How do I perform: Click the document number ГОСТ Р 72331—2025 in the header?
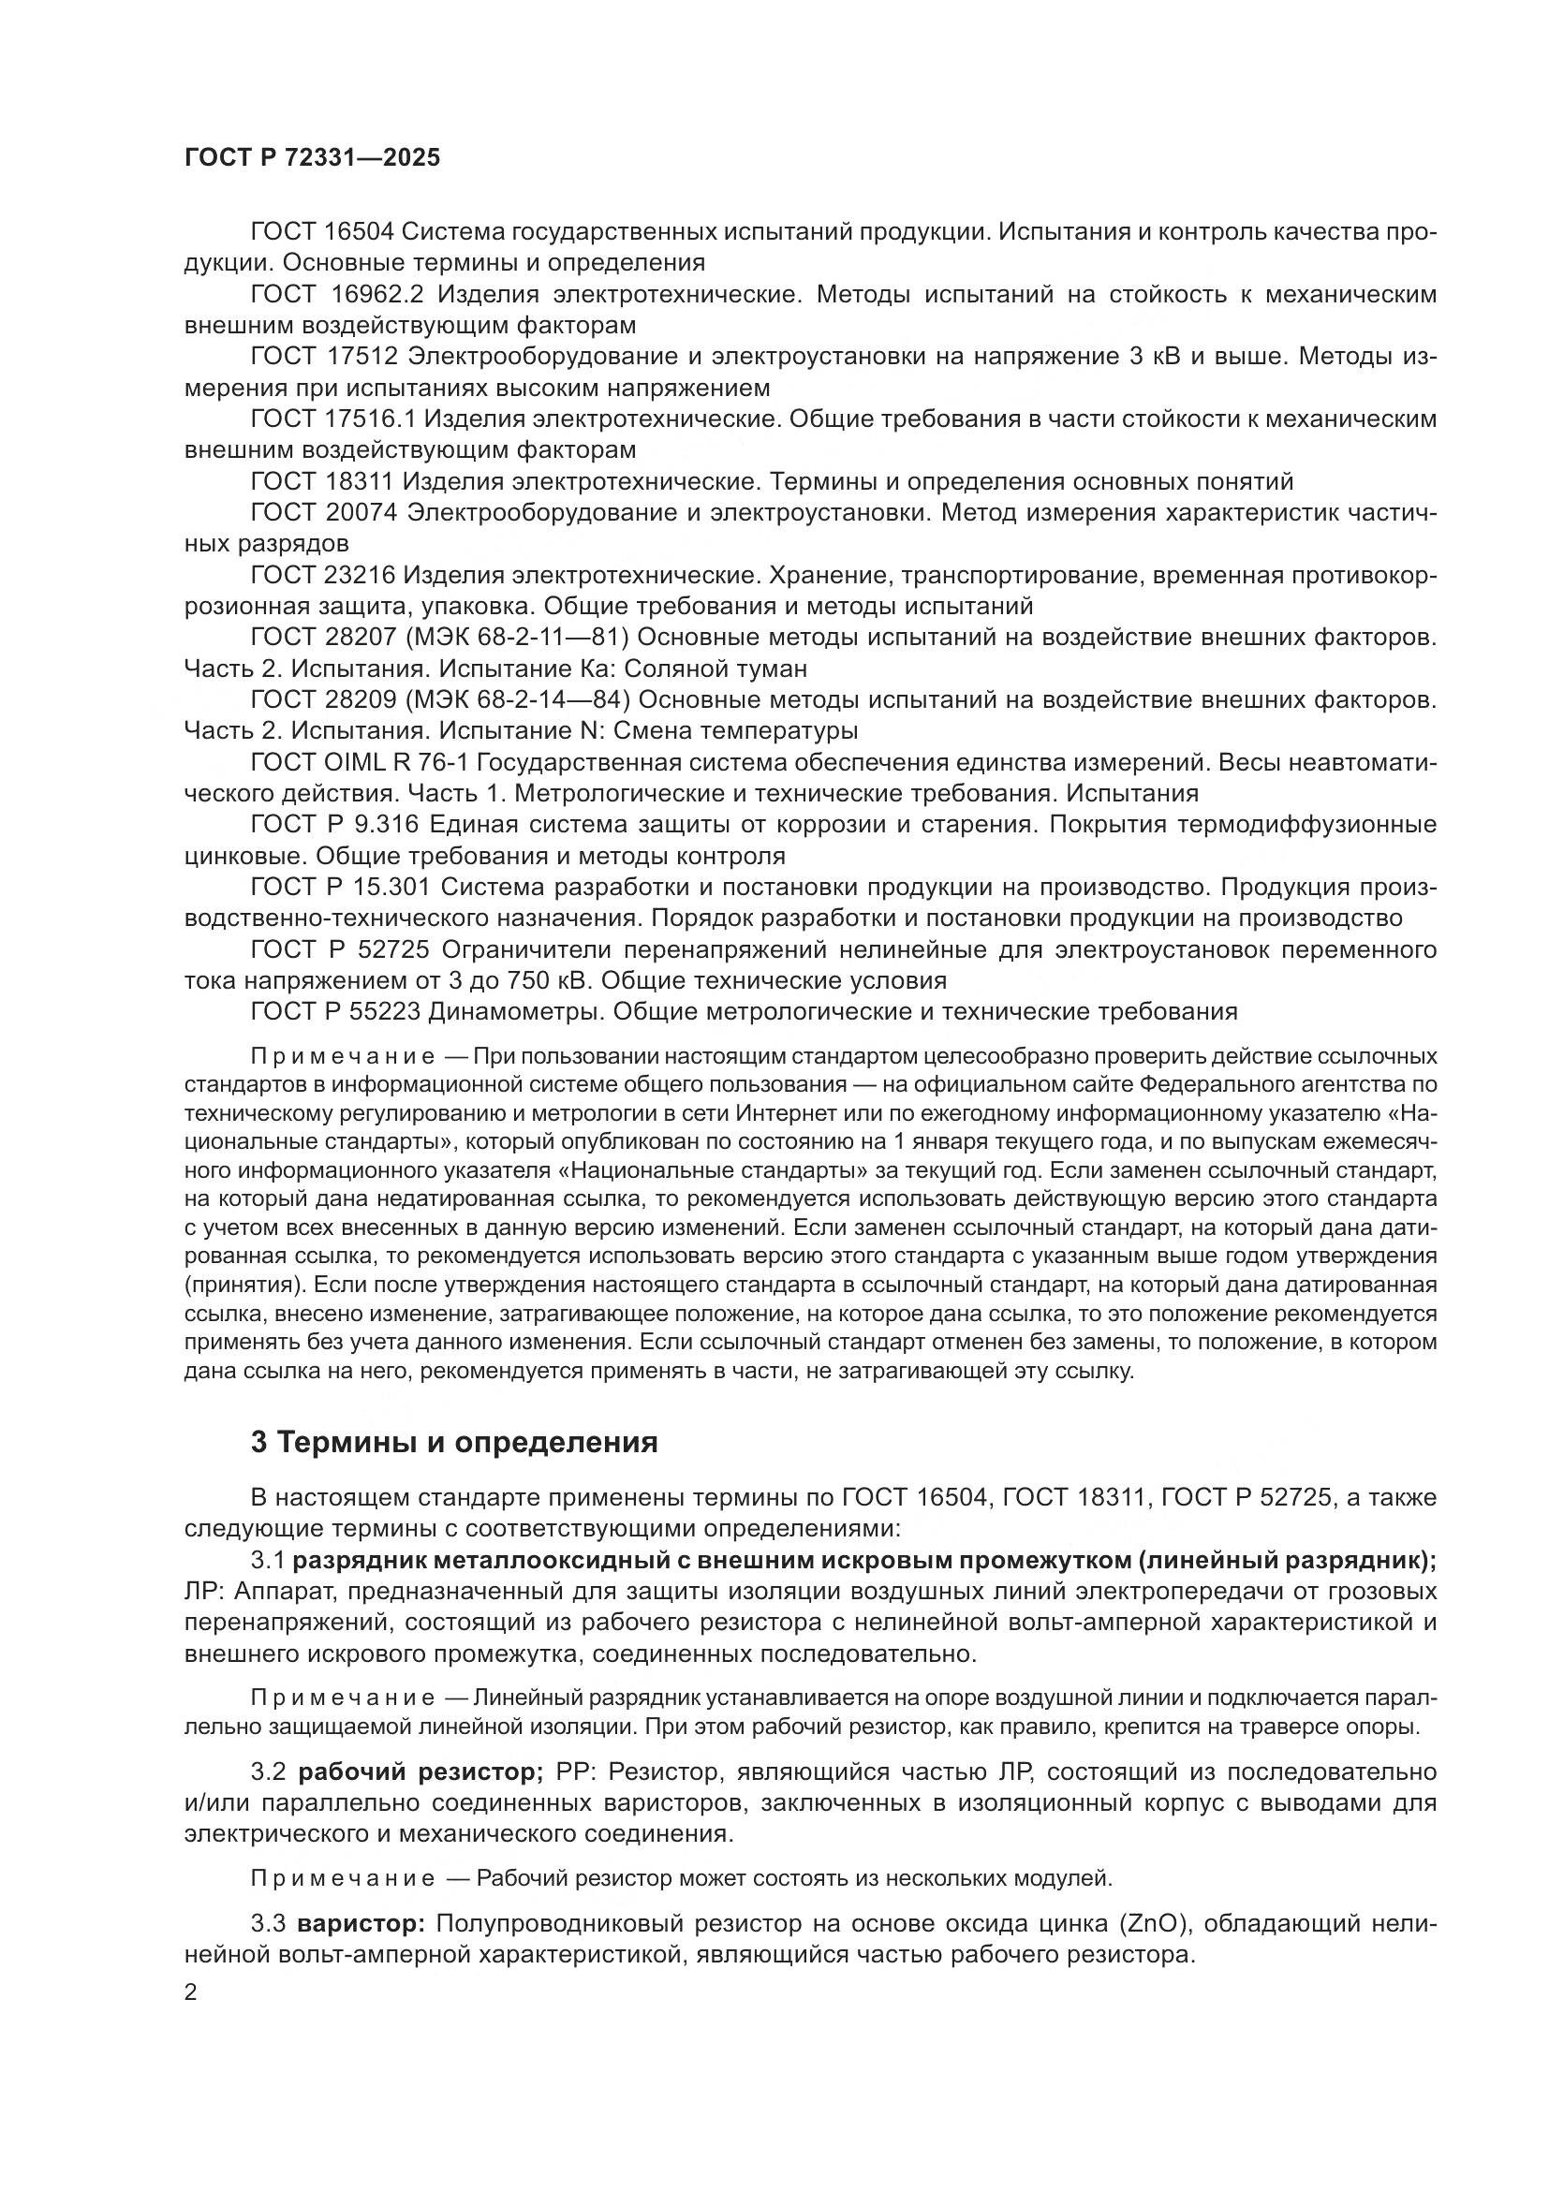[x=312, y=158]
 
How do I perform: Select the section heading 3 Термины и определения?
[x=454, y=1443]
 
